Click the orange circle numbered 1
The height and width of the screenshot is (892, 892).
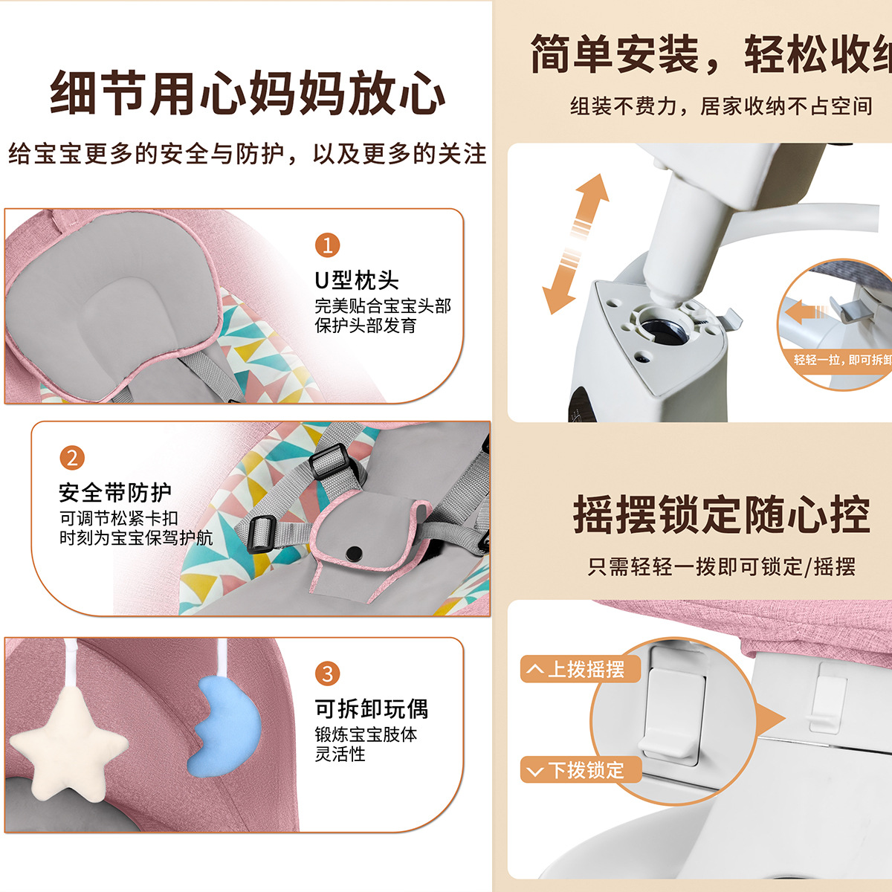pyautogui.click(x=327, y=245)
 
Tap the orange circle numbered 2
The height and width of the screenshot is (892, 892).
pyautogui.click(x=72, y=457)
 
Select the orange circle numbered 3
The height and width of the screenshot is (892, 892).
pyautogui.click(x=327, y=673)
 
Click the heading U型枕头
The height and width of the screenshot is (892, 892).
pyautogui.click(x=356, y=280)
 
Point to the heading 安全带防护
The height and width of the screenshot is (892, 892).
pyautogui.click(x=115, y=492)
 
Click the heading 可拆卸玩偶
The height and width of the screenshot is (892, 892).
pyautogui.click(x=371, y=708)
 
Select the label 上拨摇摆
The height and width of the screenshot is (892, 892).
pyautogui.click(x=580, y=669)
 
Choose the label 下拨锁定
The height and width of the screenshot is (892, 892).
pyautogui.click(x=580, y=770)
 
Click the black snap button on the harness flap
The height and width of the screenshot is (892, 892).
pyautogui.click(x=355, y=552)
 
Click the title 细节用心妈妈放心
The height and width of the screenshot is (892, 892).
pyautogui.click(x=247, y=94)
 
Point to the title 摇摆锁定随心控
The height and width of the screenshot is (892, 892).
pyautogui.click(x=721, y=514)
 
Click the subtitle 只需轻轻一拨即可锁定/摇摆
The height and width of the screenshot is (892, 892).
pyautogui.click(x=721, y=567)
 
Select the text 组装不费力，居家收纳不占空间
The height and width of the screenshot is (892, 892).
pyautogui.click(x=721, y=106)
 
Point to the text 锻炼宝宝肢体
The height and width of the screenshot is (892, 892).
pyautogui.click(x=366, y=734)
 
